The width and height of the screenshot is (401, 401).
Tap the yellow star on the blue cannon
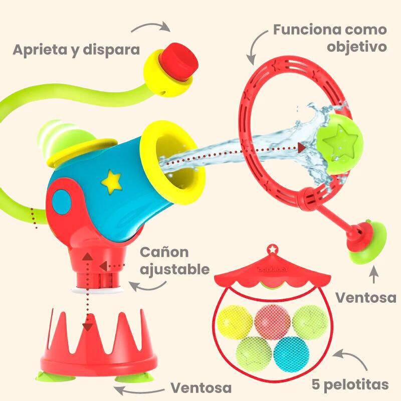(112, 181)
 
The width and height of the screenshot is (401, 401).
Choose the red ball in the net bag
(272, 321)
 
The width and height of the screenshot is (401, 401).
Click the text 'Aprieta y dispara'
(76, 50)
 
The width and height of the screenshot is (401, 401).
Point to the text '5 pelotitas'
(350, 384)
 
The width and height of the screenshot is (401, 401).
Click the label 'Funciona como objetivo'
(330, 38)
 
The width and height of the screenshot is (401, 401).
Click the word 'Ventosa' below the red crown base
(201, 387)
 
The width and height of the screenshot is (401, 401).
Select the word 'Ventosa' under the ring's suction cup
(365, 297)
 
